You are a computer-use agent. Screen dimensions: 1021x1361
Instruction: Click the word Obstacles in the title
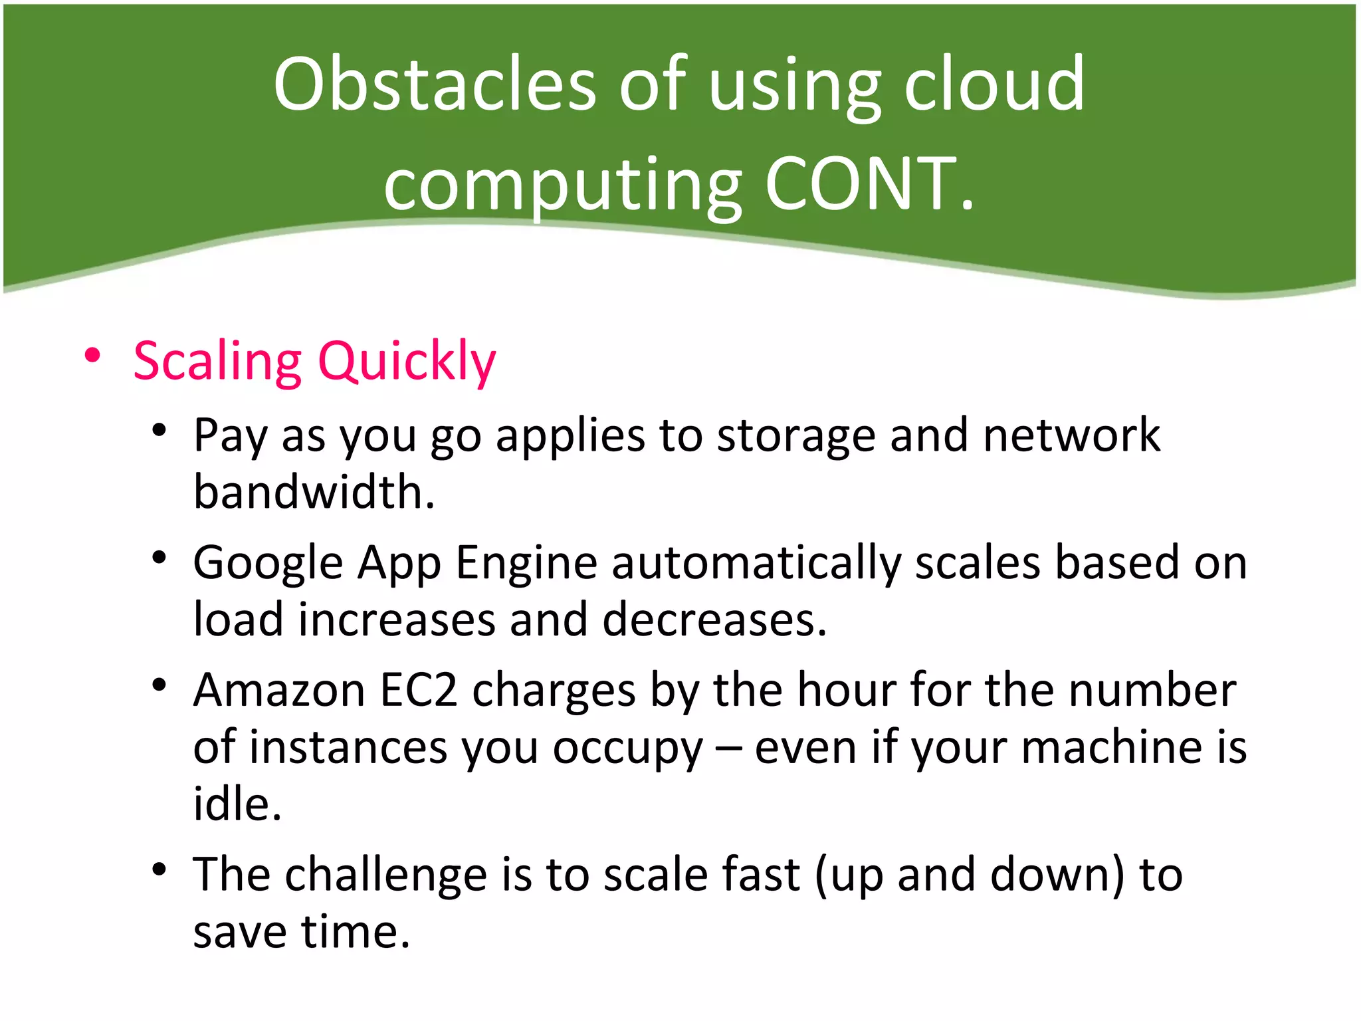pyautogui.click(x=435, y=84)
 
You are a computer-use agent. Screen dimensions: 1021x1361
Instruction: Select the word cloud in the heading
pyautogui.click(x=994, y=84)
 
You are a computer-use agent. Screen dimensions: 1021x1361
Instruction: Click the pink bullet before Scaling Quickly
pyautogui.click(x=92, y=356)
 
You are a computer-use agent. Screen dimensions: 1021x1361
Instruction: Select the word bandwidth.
pyautogui.click(x=314, y=493)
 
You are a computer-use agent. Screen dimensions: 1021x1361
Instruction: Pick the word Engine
pyautogui.click(x=526, y=563)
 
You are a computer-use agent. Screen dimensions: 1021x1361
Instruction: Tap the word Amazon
pyautogui.click(x=279, y=691)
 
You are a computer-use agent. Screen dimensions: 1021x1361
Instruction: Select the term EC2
pyautogui.click(x=419, y=691)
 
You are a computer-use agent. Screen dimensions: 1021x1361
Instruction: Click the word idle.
pyautogui.click(x=237, y=804)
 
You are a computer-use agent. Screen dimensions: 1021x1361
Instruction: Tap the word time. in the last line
pyautogui.click(x=356, y=932)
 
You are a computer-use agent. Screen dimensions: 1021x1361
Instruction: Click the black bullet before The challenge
pyautogui.click(x=158, y=869)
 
